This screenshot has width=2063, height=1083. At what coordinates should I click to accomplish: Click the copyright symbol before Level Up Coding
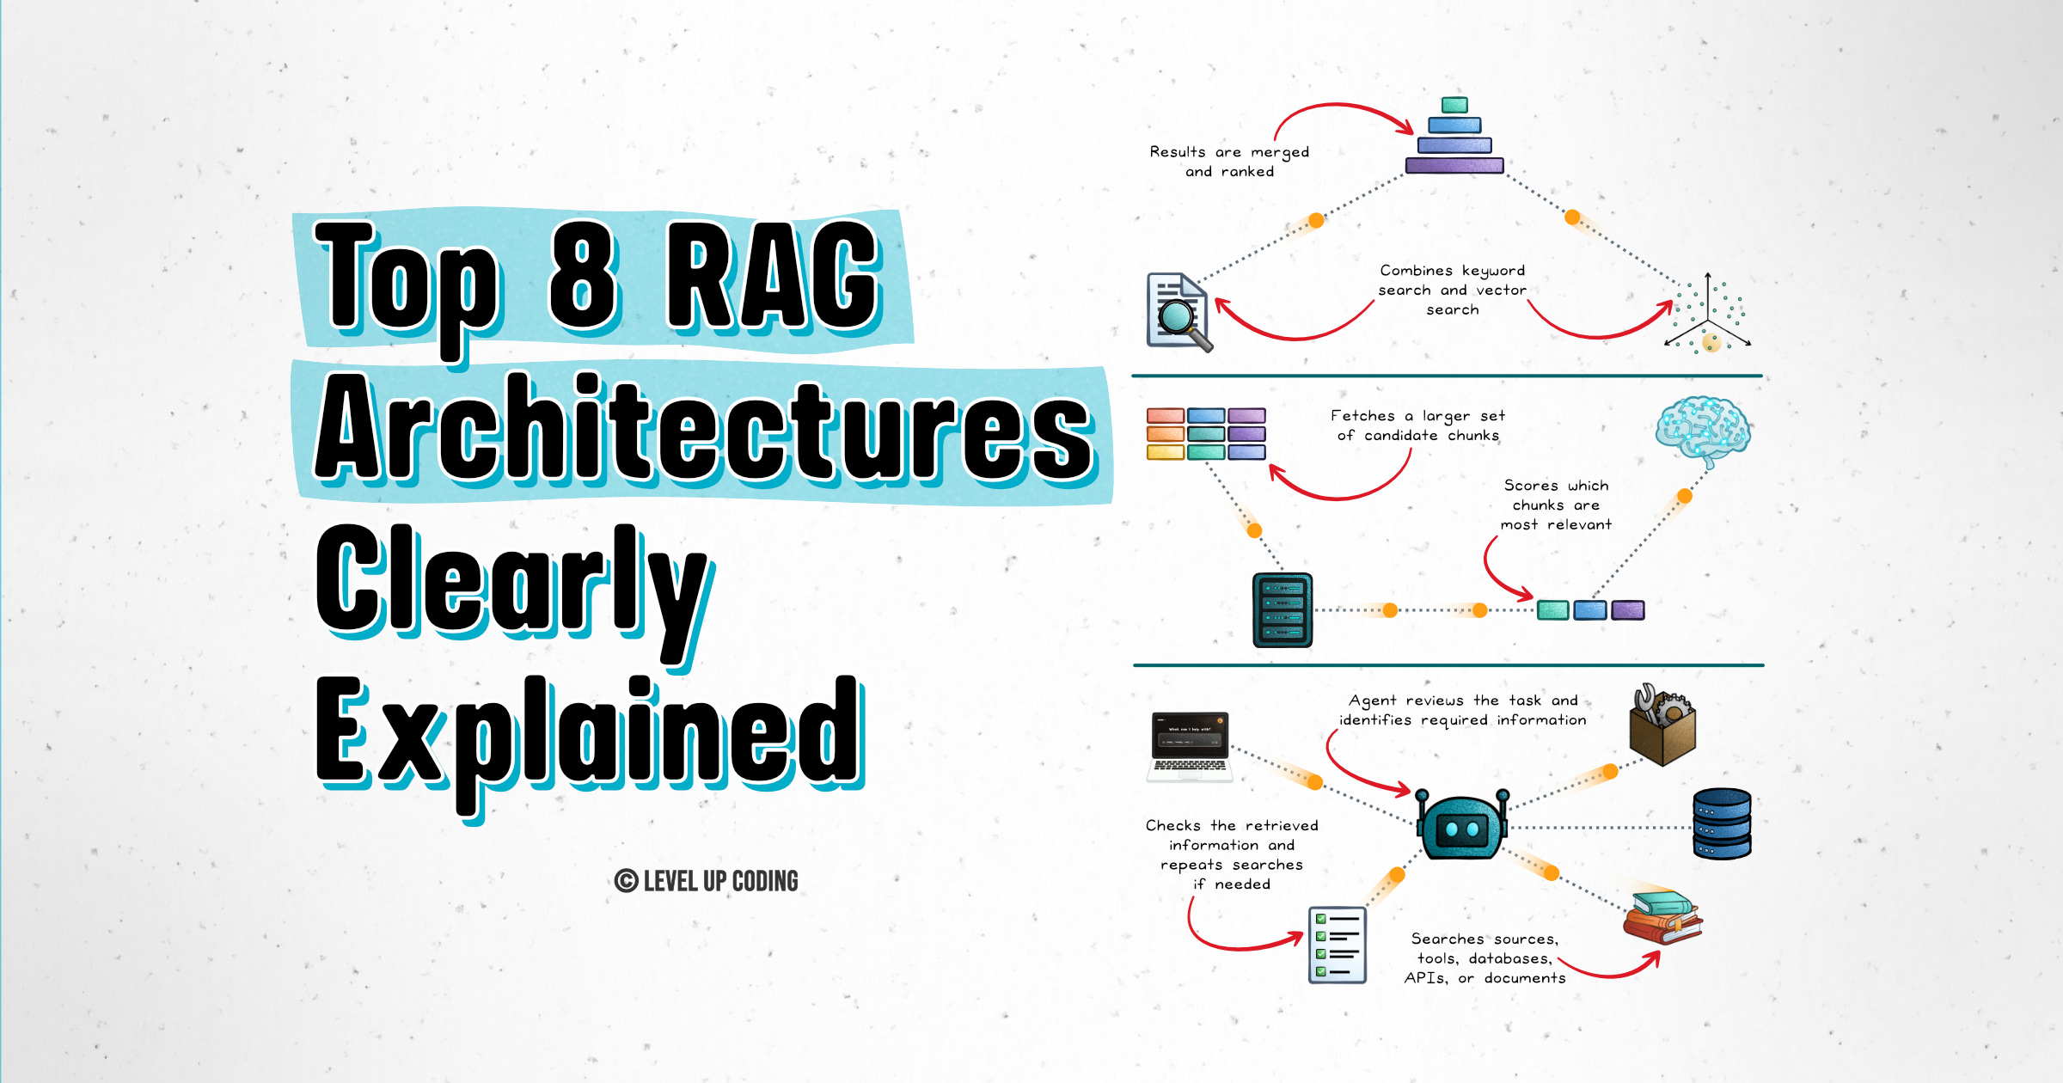tap(626, 881)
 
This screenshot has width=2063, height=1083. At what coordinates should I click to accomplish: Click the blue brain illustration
tap(1703, 430)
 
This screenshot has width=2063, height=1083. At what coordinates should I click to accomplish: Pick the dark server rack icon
tap(1282, 609)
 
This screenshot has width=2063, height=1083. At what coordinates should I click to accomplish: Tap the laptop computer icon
tap(1191, 747)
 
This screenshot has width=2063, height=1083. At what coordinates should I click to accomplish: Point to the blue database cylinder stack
tap(1722, 823)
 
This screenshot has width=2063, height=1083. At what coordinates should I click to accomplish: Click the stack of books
tap(1662, 917)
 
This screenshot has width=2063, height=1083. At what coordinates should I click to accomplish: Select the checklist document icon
tap(1338, 945)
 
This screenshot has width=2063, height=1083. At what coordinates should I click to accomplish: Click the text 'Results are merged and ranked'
tap(1230, 162)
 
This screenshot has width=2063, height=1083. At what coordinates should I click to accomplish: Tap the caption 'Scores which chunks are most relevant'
tap(1556, 505)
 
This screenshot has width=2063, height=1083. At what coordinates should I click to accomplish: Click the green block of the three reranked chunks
tap(1552, 610)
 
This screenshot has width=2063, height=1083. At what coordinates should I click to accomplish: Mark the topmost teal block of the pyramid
tap(1454, 105)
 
